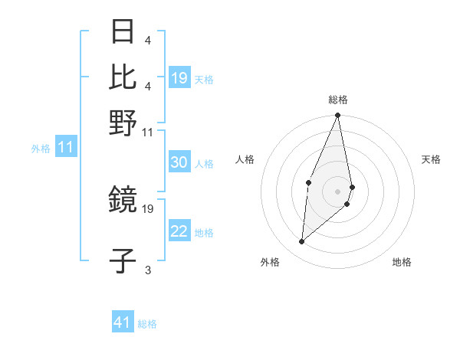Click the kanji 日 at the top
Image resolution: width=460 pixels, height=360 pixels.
coord(123,31)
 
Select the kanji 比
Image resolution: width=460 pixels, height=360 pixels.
coord(123,77)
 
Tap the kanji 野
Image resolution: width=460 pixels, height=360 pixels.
coord(123,123)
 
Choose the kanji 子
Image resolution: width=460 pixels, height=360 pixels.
coord(123,261)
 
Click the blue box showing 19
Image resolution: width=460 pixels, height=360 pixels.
coord(179,78)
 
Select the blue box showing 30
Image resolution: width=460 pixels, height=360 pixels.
coord(179,162)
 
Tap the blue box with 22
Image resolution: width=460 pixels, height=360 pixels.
coord(179,231)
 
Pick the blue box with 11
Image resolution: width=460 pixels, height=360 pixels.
coord(65,148)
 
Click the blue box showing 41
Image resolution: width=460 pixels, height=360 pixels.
coord(123,322)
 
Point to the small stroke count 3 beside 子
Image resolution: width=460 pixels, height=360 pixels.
coord(147,270)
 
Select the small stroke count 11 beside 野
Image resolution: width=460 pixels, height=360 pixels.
coord(147,132)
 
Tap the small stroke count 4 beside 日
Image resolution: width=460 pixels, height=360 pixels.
coord(147,39)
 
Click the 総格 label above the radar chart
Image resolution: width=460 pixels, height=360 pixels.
coord(338,100)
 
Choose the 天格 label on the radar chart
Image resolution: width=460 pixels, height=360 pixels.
coord(431,159)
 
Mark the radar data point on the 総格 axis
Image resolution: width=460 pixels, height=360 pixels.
coord(338,116)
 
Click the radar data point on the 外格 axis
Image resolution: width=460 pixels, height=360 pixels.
coord(301,242)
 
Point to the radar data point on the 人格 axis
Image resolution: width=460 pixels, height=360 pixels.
coord(308,182)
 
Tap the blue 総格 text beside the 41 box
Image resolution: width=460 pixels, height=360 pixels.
coord(147,324)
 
